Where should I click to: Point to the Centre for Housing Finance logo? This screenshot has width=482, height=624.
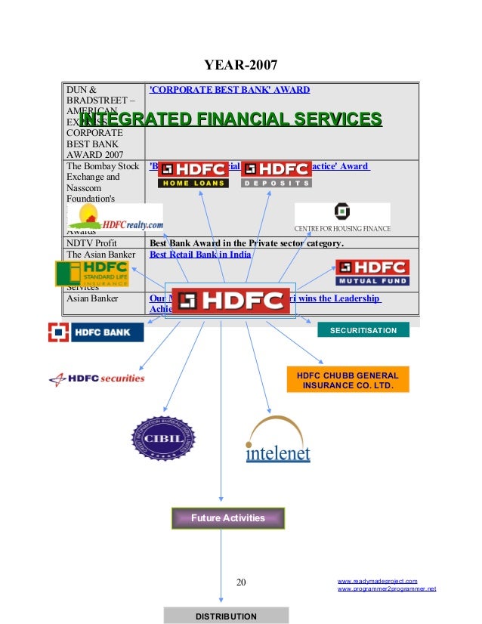coord(342,218)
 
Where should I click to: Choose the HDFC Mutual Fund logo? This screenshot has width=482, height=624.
coord(372,273)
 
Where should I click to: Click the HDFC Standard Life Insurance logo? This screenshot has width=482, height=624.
coord(91,274)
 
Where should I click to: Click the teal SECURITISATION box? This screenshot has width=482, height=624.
coord(363,330)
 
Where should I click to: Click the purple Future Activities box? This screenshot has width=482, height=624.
coord(227,518)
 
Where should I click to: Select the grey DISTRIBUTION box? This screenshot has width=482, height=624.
coord(226,616)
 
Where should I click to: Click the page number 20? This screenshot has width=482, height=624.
coord(241,582)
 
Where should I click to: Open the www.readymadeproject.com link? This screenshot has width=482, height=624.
coord(377,580)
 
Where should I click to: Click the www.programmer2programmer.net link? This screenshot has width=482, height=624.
coord(386,588)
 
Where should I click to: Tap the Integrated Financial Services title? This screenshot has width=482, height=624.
coord(230,119)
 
